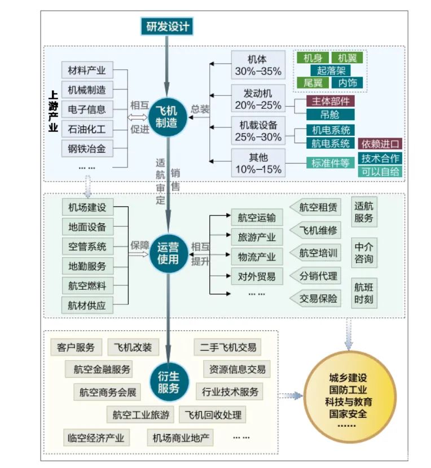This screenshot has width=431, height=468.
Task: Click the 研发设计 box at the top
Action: pyautogui.click(x=168, y=26)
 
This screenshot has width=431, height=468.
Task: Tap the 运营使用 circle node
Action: pyautogui.click(x=168, y=254)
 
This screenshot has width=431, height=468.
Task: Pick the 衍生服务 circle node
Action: pyautogui.click(x=168, y=382)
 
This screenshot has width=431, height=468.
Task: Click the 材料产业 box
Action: pyautogui.click(x=87, y=70)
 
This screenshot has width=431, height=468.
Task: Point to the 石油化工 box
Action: pyautogui.click(x=87, y=129)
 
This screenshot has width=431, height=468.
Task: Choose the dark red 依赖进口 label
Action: pyautogui.click(x=380, y=144)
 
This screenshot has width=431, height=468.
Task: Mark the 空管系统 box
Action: pyautogui.click(x=87, y=246)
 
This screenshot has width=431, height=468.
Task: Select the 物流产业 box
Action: pyautogui.click(x=257, y=257)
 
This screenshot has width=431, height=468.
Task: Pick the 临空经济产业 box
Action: pyautogui.click(x=95, y=438)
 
